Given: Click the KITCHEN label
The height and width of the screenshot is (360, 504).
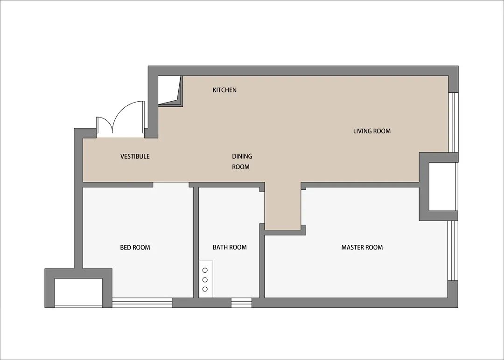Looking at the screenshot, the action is pyautogui.click(x=224, y=90).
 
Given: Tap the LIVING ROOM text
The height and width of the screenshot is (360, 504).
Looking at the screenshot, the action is pyautogui.click(x=372, y=131).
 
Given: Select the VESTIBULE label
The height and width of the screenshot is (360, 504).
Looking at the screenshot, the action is pyautogui.click(x=135, y=156).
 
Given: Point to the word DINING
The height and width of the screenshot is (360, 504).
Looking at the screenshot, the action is pyautogui.click(x=242, y=156).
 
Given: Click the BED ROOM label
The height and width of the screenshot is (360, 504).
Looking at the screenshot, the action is pyautogui.click(x=135, y=247).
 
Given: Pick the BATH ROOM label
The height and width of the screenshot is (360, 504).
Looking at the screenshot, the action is pyautogui.click(x=230, y=247).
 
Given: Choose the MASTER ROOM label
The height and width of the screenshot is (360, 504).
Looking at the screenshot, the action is pyautogui.click(x=362, y=247).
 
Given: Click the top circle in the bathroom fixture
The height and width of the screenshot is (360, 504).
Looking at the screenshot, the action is pyautogui.click(x=205, y=270).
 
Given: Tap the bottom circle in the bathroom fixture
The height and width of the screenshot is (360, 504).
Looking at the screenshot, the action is pyautogui.click(x=205, y=289).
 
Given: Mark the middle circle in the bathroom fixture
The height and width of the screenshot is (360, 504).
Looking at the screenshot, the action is pyautogui.click(x=205, y=280).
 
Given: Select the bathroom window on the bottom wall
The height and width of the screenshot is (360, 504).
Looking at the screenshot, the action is pyautogui.click(x=241, y=303).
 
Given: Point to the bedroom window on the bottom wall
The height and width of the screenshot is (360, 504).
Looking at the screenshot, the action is pyautogui.click(x=142, y=303).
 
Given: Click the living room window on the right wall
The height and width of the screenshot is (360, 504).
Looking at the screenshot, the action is pyautogui.click(x=453, y=122).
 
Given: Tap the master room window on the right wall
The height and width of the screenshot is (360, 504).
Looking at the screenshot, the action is pyautogui.click(x=453, y=250).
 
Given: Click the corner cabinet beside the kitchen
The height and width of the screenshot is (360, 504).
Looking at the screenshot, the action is pyautogui.click(x=170, y=90).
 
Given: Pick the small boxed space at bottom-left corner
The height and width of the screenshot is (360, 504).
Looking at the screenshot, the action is pyautogui.click(x=78, y=293).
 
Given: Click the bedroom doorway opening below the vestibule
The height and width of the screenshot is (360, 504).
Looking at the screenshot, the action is pyautogui.click(x=171, y=185).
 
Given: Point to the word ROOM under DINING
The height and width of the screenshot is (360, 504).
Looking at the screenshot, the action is pyautogui.click(x=241, y=167).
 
